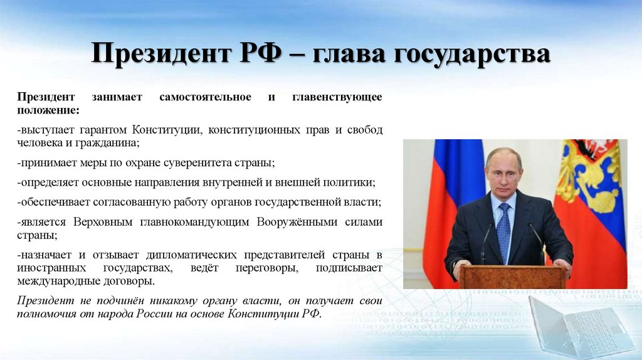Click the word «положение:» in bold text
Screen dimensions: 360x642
click(x=48, y=110)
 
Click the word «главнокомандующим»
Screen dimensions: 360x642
click(x=191, y=222)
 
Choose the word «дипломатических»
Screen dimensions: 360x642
click(x=199, y=255)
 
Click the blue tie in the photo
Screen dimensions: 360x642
click(x=503, y=232)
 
